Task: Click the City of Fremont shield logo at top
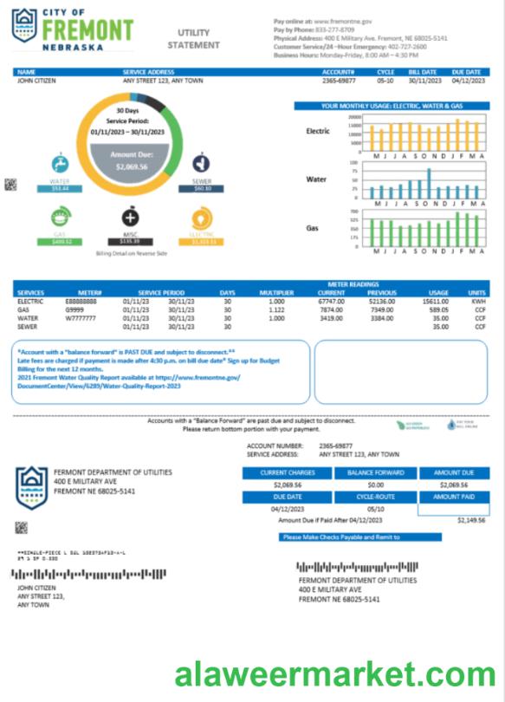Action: (x=24, y=27)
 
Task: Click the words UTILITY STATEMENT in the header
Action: (x=188, y=38)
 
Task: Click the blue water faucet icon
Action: (x=60, y=163)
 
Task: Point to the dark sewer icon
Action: (x=202, y=163)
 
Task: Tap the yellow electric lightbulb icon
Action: (x=201, y=217)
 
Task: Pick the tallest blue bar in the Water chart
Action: (x=429, y=184)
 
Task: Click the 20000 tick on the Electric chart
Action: (x=355, y=116)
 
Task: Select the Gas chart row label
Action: (x=312, y=228)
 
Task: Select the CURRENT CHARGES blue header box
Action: (x=287, y=473)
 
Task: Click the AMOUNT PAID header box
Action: (x=453, y=497)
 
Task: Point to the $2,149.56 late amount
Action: (x=469, y=521)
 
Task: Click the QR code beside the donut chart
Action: (x=10, y=184)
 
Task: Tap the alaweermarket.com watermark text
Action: (x=335, y=673)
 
